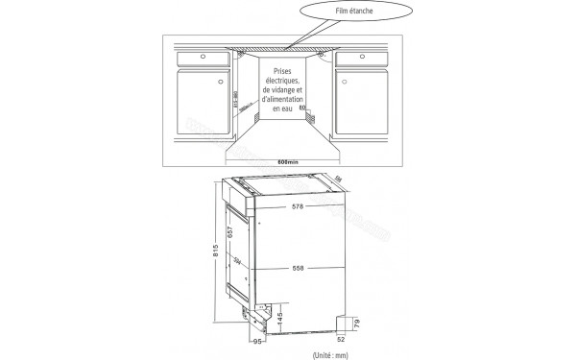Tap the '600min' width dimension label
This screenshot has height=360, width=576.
(288, 159)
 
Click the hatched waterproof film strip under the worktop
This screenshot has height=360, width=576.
(288, 48)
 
